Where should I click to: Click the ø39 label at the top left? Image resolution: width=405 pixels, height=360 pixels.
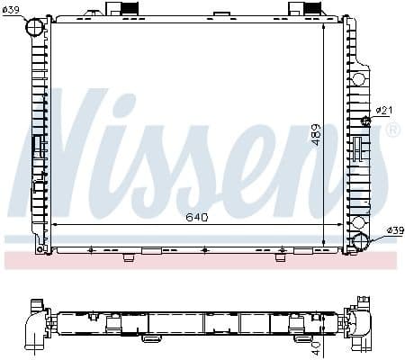click(x=13, y=10)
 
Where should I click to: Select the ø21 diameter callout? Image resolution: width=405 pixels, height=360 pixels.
click(x=384, y=111)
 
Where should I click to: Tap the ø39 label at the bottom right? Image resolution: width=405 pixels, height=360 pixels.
click(x=393, y=231)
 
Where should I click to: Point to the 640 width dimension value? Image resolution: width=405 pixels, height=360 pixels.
click(x=197, y=216)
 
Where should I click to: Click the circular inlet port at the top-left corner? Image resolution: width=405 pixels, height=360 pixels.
click(x=34, y=29)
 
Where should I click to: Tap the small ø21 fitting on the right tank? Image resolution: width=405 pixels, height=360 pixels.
click(x=365, y=121)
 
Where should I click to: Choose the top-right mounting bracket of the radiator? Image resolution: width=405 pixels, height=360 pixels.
click(x=301, y=9)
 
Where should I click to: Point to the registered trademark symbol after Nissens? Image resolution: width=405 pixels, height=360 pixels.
click(x=391, y=131)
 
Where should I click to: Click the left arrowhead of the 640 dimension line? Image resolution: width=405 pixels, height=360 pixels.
click(x=56, y=223)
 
